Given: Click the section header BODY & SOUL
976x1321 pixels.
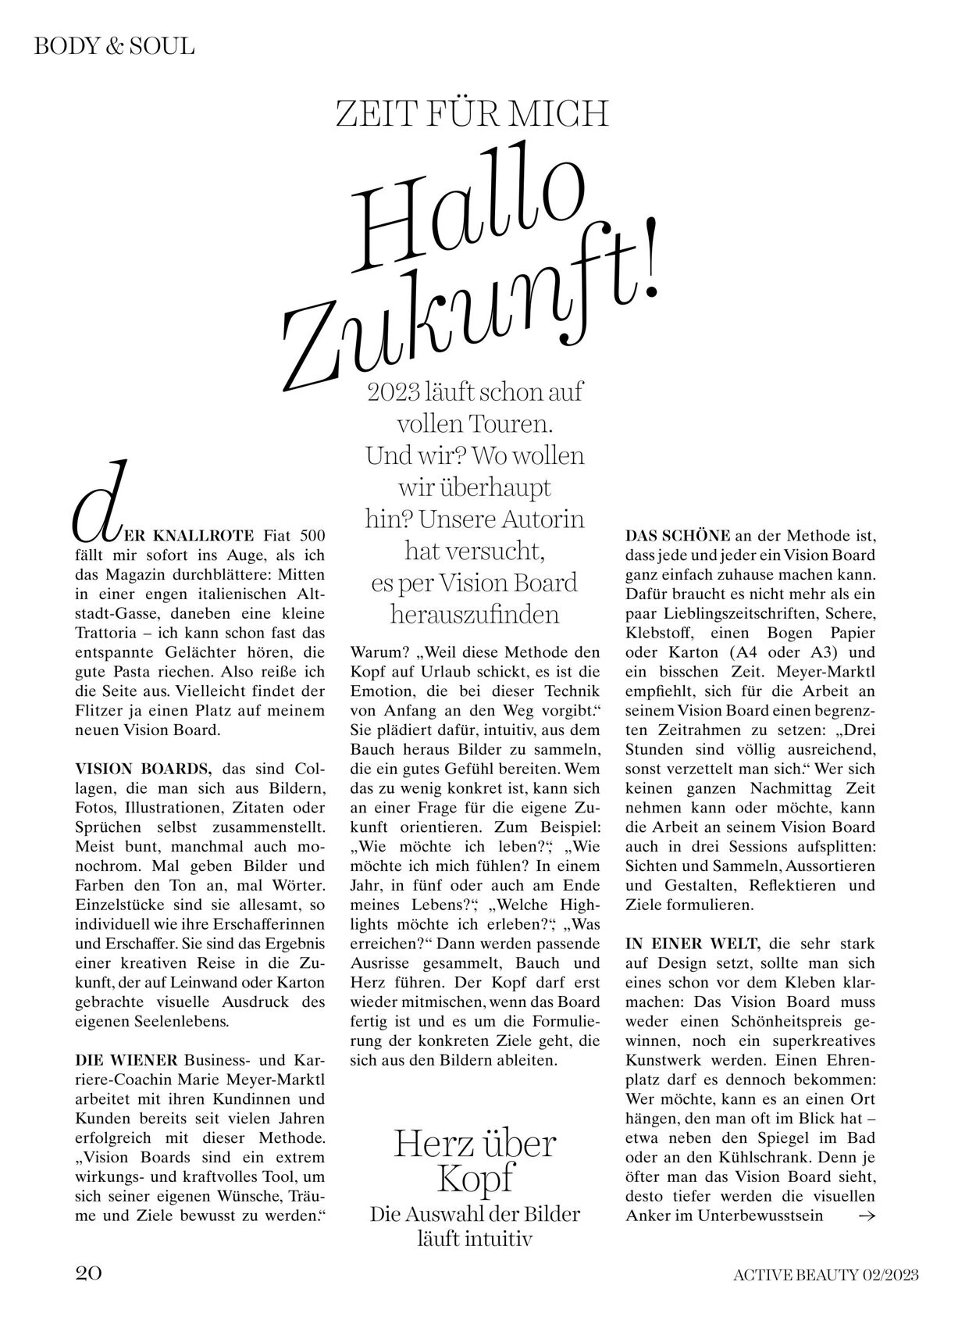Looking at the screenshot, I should pyautogui.click(x=114, y=46).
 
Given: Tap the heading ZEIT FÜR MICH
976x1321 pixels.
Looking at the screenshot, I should pyautogui.click(x=472, y=114).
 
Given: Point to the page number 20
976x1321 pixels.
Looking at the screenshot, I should pyautogui.click(x=88, y=1274).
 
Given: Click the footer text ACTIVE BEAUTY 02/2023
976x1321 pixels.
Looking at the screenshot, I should pyautogui.click(x=825, y=1275).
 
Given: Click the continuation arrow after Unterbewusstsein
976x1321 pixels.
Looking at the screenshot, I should pyautogui.click(x=866, y=1216).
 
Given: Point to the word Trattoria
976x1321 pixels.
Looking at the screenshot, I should pyautogui.click(x=107, y=633).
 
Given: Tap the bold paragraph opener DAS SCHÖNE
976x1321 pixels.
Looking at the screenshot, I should pyautogui.click(x=678, y=536).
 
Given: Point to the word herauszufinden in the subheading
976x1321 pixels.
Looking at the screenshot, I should pyautogui.click(x=475, y=614).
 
